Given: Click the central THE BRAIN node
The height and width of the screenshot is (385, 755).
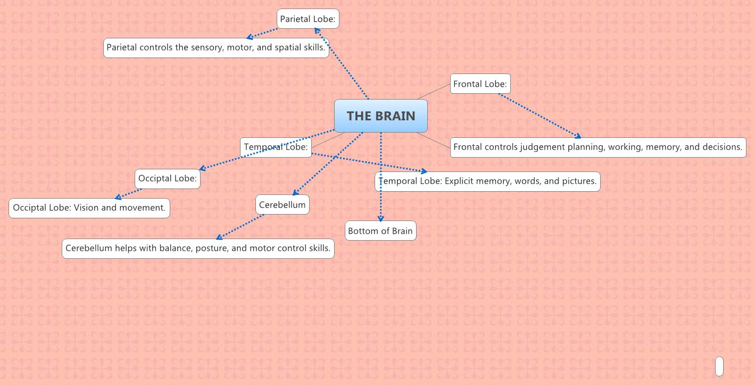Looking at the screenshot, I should pos(380,116).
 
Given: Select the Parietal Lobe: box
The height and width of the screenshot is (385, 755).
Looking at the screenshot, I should pos(308,19).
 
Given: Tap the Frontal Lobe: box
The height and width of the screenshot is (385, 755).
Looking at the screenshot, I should pos(480,84).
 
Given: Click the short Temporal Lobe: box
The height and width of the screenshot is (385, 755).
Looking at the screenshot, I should pos(276,147).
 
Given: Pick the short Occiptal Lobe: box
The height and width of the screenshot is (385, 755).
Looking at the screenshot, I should pos(168,178).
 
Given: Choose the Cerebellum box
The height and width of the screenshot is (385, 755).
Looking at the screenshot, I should pos(282,204).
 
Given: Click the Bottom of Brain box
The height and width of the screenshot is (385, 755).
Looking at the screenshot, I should pos(380,231).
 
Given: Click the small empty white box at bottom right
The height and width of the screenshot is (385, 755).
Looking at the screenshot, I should pos(719,366).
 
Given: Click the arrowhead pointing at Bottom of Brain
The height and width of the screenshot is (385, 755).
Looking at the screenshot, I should pos(380,219).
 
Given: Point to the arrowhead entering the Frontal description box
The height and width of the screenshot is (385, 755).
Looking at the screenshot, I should pos(578,137).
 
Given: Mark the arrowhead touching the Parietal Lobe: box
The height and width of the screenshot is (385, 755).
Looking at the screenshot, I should pos(317,30).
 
